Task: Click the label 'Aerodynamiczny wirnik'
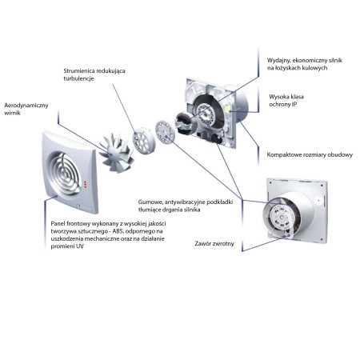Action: click(26, 109)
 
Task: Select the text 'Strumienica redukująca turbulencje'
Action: click(94, 74)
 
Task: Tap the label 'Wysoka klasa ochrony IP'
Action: click(286, 100)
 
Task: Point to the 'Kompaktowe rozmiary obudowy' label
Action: click(310, 154)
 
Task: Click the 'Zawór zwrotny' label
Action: click(214, 243)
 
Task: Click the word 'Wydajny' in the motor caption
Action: click(277, 61)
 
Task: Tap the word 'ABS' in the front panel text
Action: click(117, 231)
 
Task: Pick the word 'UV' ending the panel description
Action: click(80, 246)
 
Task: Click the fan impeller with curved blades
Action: click(116, 153)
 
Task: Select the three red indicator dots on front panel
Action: click(86, 185)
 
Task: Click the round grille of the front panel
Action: click(64, 173)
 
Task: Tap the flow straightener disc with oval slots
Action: click(143, 140)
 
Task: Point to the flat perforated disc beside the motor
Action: click(165, 134)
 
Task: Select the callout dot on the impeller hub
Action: click(111, 154)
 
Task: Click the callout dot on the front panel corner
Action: click(56, 197)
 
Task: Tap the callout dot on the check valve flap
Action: click(288, 236)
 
